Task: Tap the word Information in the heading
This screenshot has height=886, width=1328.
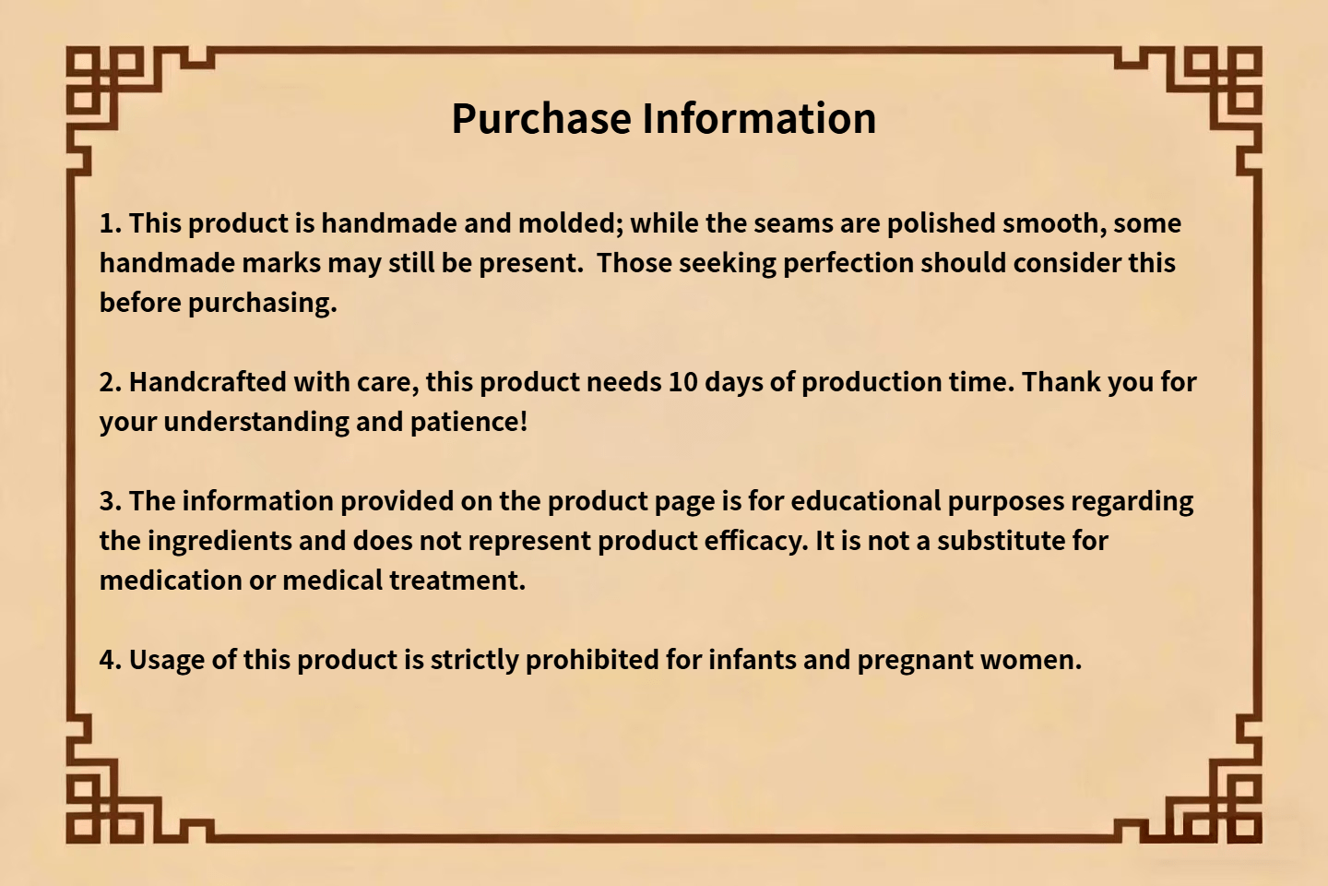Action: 760,119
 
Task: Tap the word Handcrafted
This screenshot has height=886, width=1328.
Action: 207,382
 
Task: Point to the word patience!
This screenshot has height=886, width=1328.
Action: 468,423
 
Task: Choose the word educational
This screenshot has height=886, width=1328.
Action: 866,501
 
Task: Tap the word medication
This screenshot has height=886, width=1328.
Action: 171,581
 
